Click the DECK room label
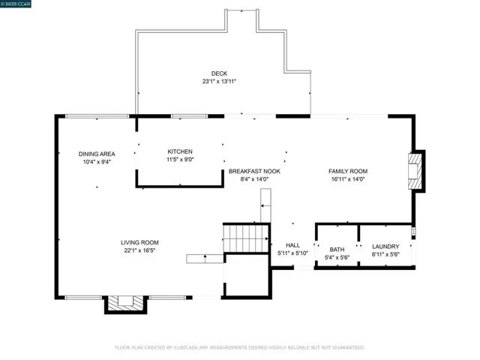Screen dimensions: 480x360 point(219,73)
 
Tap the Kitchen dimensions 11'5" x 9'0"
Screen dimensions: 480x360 point(180,160)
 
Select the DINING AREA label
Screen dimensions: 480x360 point(97,154)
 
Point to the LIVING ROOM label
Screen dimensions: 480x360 point(139,242)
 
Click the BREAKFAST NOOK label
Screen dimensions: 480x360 point(254,171)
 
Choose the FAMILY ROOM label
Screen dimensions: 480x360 point(348,171)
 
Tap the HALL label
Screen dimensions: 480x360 point(292,245)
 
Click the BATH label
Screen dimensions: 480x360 point(337,250)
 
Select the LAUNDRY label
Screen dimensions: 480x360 point(385,247)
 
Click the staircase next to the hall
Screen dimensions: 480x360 point(247,238)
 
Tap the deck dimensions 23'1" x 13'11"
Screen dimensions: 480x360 point(219,82)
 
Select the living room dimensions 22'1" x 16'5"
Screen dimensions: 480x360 point(139,250)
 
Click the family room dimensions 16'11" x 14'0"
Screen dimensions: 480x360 point(348,179)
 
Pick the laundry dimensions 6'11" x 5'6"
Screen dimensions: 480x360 point(385,254)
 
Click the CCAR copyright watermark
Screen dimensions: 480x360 point(15,4)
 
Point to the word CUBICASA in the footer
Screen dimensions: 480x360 point(186,348)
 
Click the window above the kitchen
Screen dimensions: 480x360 point(190,116)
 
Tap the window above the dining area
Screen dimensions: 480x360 point(97,116)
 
